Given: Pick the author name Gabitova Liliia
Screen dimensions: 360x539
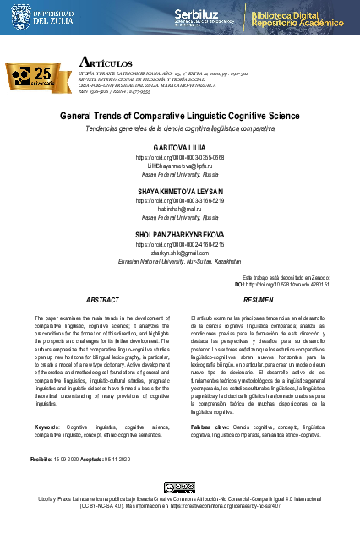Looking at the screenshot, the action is coord(180,147).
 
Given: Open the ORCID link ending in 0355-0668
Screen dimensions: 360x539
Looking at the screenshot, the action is coord(180,158).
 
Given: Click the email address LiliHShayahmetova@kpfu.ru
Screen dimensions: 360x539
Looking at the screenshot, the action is coord(180,166).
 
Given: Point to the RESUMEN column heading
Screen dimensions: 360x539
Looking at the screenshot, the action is coord(258,300).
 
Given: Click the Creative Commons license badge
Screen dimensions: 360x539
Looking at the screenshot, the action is coord(179,488).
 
